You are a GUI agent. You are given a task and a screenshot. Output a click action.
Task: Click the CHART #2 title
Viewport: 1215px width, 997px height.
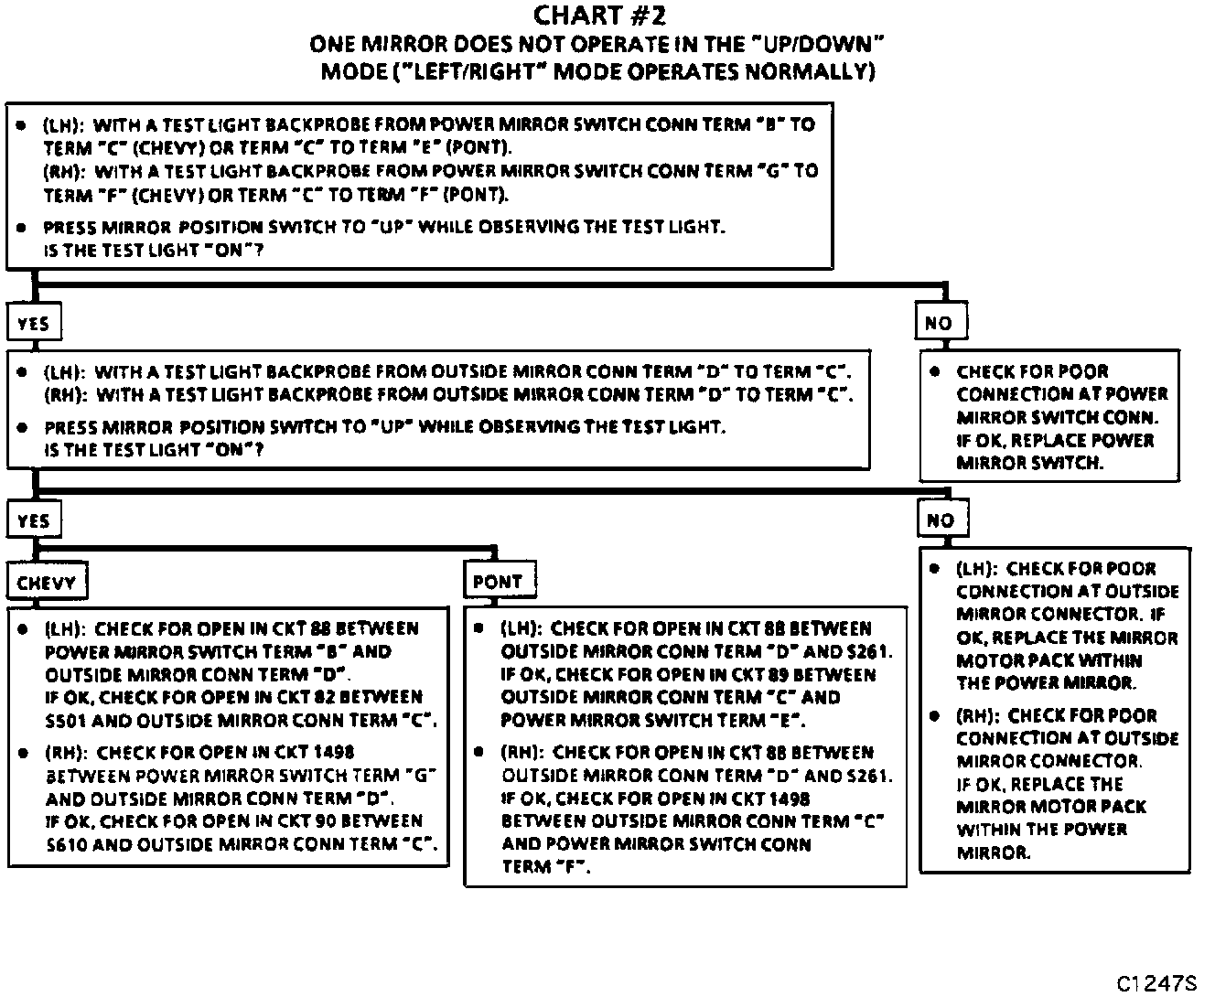pyautogui.click(x=599, y=16)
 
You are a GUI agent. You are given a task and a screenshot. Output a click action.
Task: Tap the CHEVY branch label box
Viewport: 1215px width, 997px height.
pyautogui.click(x=46, y=583)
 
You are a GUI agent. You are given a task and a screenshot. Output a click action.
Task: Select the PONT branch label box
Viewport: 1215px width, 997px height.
pyautogui.click(x=499, y=582)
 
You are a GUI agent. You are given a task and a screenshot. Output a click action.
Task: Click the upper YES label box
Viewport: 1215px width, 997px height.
pyautogui.click(x=33, y=323)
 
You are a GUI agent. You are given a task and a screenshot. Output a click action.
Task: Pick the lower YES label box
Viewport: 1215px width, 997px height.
pyautogui.click(x=33, y=521)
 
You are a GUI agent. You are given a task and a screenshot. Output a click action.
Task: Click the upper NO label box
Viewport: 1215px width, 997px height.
pyautogui.click(x=939, y=323)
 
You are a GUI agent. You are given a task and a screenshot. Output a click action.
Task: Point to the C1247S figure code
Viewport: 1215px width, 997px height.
pyautogui.click(x=1156, y=983)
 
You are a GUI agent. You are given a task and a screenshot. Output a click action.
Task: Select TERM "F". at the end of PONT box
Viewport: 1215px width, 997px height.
pyautogui.click(x=546, y=867)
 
